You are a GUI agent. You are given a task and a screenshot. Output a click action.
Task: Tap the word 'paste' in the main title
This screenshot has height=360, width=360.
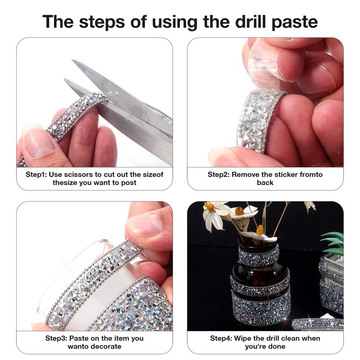[x=295, y=22]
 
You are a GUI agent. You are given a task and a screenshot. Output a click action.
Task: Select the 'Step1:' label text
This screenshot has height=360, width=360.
[x=36, y=175]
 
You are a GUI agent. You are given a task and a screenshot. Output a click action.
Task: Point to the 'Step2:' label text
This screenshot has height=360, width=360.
[x=218, y=175]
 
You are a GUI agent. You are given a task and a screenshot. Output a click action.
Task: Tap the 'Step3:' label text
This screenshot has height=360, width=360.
[x=56, y=338]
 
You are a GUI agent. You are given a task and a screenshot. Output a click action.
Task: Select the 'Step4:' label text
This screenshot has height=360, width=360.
[x=221, y=338]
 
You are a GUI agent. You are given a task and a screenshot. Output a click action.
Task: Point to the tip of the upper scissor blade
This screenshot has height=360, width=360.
[x=72, y=60]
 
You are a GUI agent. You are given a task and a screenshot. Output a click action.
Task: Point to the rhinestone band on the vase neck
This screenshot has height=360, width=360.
[x=259, y=255]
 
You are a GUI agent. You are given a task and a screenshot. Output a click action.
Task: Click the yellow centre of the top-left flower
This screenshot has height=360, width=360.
[x=209, y=207]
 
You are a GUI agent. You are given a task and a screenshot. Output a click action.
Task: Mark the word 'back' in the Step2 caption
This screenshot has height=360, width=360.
[x=265, y=183]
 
